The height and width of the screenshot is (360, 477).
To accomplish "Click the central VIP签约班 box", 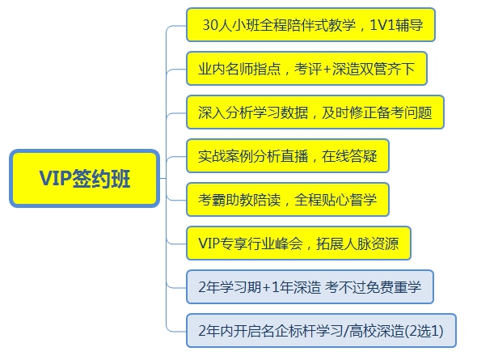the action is click(85, 178).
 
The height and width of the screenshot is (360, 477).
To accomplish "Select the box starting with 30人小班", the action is click(310, 24).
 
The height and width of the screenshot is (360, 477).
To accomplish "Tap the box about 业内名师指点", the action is click(306, 69).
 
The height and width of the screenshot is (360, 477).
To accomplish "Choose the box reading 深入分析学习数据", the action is click(315, 112).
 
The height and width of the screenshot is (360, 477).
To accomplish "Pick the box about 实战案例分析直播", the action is click(288, 156).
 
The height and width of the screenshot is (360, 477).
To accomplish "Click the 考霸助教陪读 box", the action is click(288, 200).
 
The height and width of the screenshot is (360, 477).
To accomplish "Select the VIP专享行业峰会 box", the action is click(298, 244).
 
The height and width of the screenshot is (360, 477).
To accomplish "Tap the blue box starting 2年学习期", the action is click(310, 286).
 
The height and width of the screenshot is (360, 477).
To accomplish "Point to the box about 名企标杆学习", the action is click(321, 331).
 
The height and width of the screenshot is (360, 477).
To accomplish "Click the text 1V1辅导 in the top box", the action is click(396, 24).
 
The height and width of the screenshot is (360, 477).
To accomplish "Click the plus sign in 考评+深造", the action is click(327, 70).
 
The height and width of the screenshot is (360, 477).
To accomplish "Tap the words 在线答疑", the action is click(349, 156).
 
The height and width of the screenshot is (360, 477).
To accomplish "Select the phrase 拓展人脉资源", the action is click(357, 244).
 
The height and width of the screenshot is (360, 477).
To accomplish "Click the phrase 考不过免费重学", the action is click(373, 287).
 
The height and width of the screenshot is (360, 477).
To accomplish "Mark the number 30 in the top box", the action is click(210, 25).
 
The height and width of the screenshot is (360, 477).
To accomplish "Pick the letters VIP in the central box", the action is click(55, 178).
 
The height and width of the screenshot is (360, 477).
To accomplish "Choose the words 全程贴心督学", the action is click(336, 200).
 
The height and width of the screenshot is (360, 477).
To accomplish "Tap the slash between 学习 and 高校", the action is click(346, 331).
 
